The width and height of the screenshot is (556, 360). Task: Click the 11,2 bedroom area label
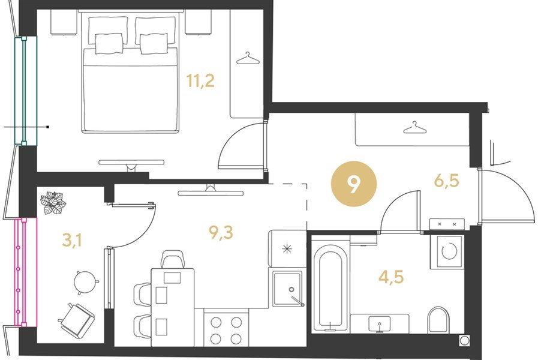point(200,81)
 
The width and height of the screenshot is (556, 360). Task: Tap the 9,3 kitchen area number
point(221,233)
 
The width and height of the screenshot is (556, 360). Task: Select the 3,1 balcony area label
point(72,240)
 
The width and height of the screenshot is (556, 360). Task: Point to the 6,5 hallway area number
point(446,181)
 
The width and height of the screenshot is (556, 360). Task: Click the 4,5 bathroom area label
point(391,277)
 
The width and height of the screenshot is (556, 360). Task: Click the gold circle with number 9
point(353,184)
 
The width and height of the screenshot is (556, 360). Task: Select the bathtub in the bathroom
point(330,287)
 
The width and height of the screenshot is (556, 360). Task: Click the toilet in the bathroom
point(438,320)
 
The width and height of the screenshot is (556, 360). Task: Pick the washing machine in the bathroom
point(447,252)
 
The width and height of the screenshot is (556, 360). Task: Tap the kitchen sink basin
point(287,289)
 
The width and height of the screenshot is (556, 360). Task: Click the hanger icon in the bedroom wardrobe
point(248,59)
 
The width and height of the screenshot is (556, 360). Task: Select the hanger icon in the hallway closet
point(414,128)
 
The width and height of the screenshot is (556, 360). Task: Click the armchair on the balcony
point(77,317)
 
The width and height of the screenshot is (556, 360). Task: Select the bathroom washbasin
point(380,323)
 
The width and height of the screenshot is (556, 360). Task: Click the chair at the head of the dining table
point(173,259)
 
